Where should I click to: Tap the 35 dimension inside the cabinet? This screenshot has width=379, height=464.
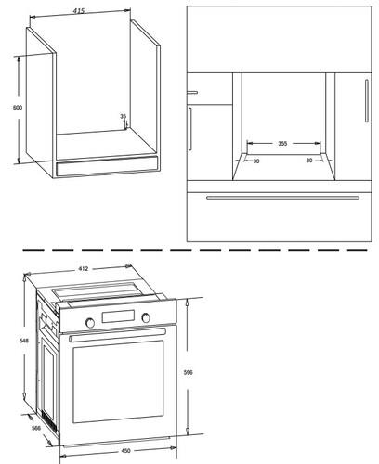(x=123, y=117)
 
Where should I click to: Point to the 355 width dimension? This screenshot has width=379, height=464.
(x=281, y=144)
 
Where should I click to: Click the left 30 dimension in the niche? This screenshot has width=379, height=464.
(x=255, y=161)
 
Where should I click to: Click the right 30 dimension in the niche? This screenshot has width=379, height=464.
(x=309, y=161)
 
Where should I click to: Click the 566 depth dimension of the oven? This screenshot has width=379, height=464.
(x=35, y=428)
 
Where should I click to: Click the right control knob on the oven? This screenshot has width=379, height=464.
(x=145, y=319)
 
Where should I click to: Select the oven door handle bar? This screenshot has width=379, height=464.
(x=116, y=335)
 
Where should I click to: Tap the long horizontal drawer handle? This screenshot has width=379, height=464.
(x=281, y=197)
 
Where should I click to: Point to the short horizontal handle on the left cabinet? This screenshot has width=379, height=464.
(x=194, y=91)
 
